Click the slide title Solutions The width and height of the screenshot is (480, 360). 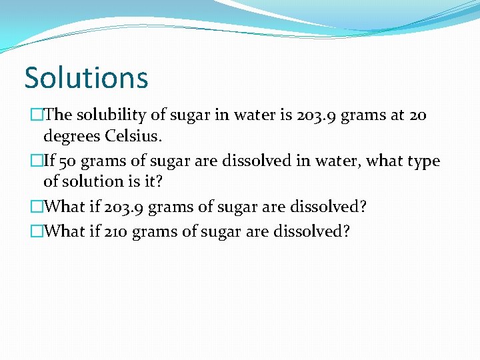tap(86, 77)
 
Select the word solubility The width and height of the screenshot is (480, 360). tap(111, 115)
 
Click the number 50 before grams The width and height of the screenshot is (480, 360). tap(69, 161)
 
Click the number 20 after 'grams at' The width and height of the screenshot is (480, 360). tap(417, 115)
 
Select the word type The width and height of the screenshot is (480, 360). tap(423, 162)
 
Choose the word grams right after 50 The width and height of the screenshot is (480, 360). tap(102, 162)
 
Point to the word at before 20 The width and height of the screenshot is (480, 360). tap(397, 115)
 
